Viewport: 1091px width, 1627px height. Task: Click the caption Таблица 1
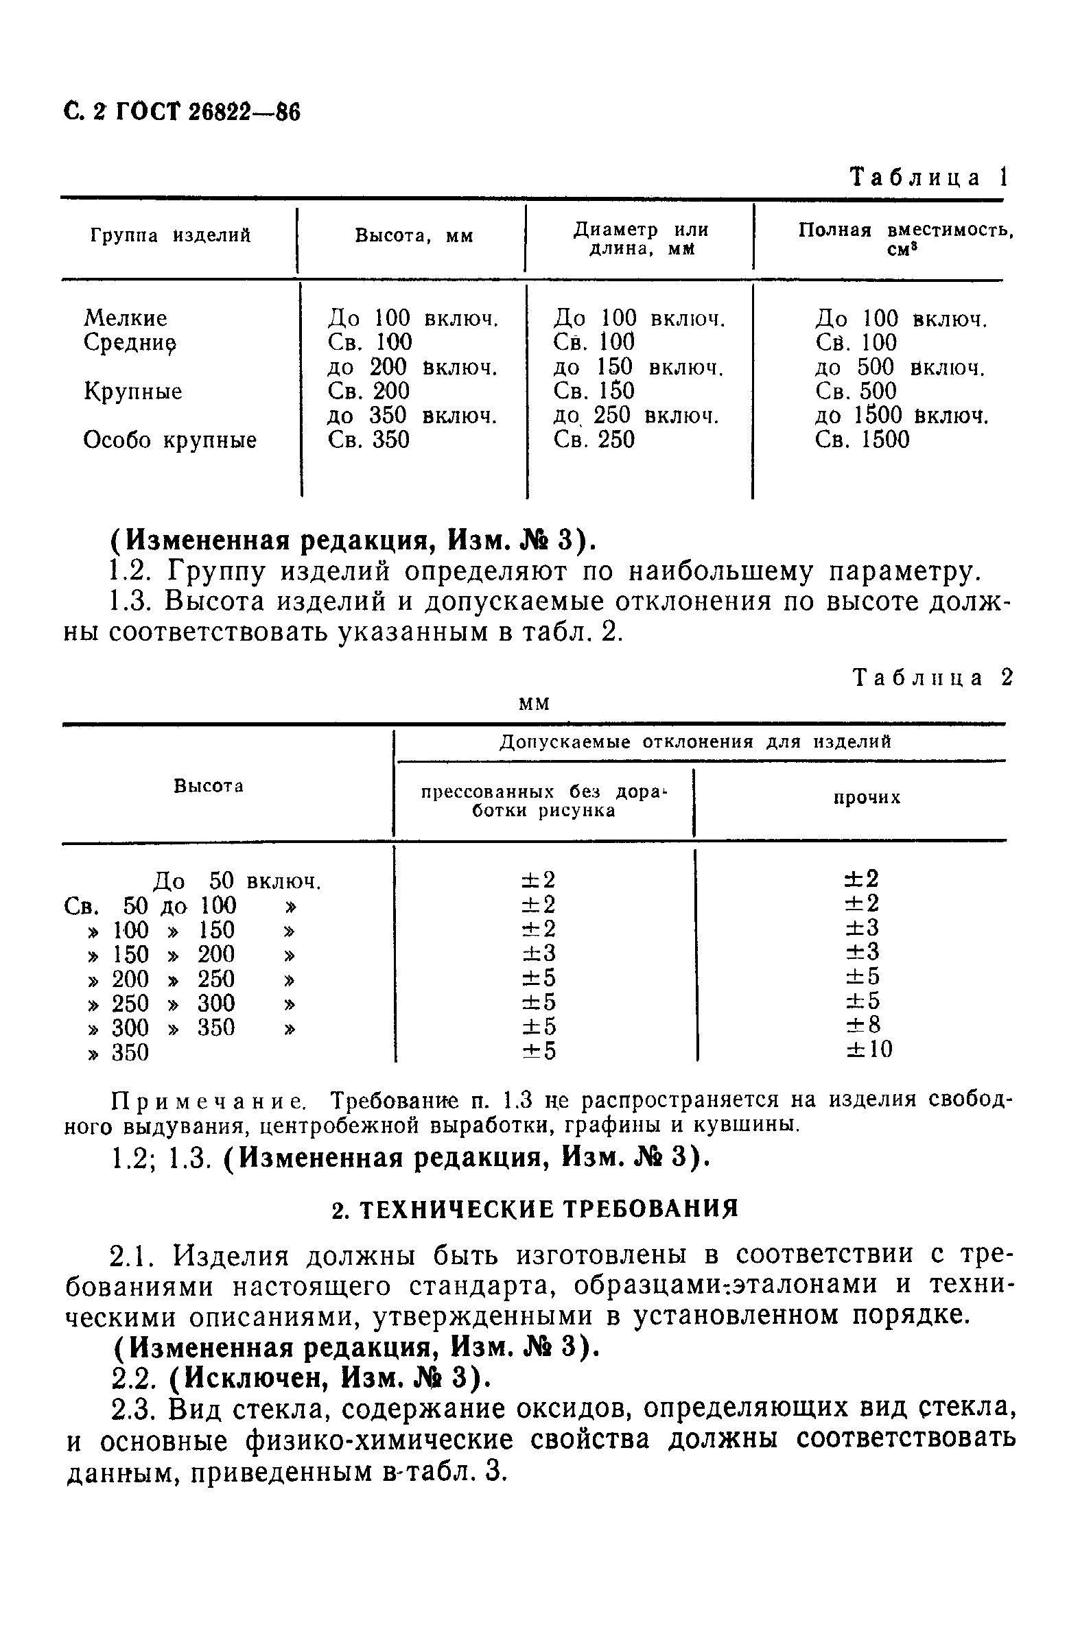[x=929, y=178]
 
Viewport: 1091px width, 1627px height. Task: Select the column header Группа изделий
[x=170, y=236]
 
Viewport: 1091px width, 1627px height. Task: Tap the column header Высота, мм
[x=414, y=237]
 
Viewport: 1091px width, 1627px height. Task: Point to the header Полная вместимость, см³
[x=905, y=239]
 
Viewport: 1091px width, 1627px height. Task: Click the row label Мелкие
[x=126, y=318]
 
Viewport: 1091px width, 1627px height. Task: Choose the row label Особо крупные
[x=170, y=440]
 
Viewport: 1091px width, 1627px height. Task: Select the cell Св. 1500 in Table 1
[x=862, y=440]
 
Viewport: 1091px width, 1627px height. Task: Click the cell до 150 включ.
[x=638, y=367]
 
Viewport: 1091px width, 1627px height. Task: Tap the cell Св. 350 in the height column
[x=368, y=440]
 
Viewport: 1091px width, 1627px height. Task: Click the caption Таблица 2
[x=932, y=678]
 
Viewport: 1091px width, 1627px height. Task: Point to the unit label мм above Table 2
[x=535, y=704]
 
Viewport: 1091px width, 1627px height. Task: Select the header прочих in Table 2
[x=867, y=798]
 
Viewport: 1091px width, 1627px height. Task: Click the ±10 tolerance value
[x=869, y=1049]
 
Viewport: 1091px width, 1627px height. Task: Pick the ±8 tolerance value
[x=863, y=1025]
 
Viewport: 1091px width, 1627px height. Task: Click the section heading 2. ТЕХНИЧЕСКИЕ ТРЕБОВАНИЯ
[x=535, y=1210]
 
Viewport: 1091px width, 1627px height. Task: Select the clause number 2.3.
[x=137, y=1410]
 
